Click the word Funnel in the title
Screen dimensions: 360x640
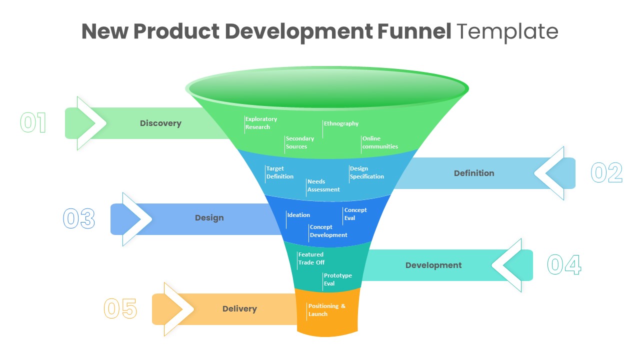[x=413, y=31]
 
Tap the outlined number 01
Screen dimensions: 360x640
[x=33, y=123]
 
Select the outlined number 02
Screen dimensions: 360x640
[x=606, y=173]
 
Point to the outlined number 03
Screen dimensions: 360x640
[x=79, y=219]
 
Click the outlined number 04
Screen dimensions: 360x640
[x=564, y=265]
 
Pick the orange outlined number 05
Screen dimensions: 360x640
[x=120, y=309]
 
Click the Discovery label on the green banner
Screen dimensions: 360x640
[x=160, y=123]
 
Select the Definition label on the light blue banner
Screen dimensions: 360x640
[x=474, y=173]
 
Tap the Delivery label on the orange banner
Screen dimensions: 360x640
[x=239, y=309]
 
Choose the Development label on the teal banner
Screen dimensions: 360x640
[x=433, y=265]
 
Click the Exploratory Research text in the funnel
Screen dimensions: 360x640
[x=261, y=123]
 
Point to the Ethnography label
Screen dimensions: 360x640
[x=341, y=123]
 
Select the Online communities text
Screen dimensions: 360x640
[x=380, y=142]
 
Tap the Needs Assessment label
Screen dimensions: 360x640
[x=323, y=185]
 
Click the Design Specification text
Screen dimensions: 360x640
[x=366, y=172]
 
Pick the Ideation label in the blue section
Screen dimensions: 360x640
[x=298, y=215]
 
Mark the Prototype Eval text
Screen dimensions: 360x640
[x=337, y=279]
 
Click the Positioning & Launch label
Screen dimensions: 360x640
[x=326, y=310]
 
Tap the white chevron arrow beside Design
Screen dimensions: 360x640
[x=138, y=219]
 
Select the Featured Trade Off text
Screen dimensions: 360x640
[x=311, y=258]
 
